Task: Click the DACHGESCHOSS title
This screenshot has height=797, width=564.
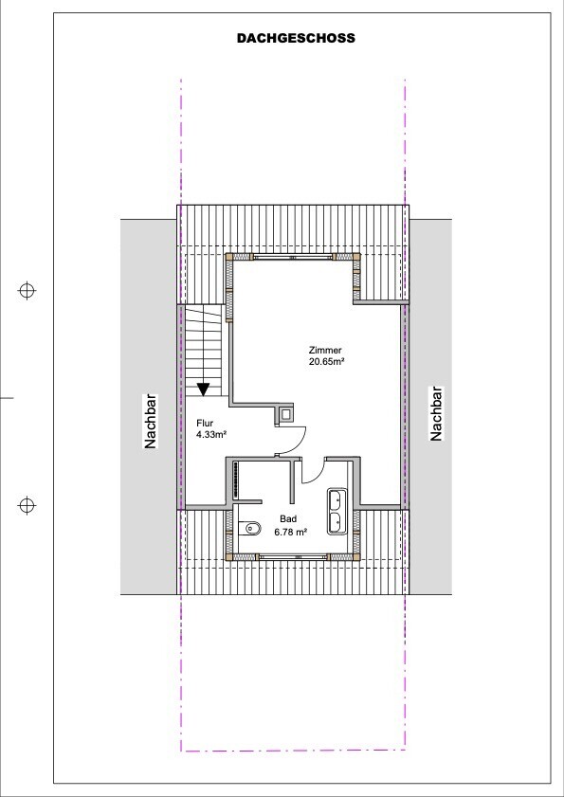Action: click(x=296, y=38)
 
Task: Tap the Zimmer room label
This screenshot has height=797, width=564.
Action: click(x=325, y=350)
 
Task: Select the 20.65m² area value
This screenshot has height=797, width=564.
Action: click(x=328, y=361)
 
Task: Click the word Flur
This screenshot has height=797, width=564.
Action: click(x=205, y=423)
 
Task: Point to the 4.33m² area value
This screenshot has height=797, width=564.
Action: click(x=211, y=435)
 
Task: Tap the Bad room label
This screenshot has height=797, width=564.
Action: click(x=288, y=519)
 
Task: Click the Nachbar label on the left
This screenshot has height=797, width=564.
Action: click(x=151, y=422)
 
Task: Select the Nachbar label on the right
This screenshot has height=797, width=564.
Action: click(x=436, y=413)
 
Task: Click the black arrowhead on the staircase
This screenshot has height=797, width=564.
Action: click(x=204, y=389)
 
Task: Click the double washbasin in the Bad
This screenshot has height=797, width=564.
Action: click(x=337, y=512)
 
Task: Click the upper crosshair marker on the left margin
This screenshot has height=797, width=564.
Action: click(x=27, y=291)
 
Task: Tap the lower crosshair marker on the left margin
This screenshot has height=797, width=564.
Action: click(x=27, y=506)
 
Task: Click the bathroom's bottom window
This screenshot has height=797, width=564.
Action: click(x=294, y=557)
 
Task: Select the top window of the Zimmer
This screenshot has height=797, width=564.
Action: click(x=293, y=257)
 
